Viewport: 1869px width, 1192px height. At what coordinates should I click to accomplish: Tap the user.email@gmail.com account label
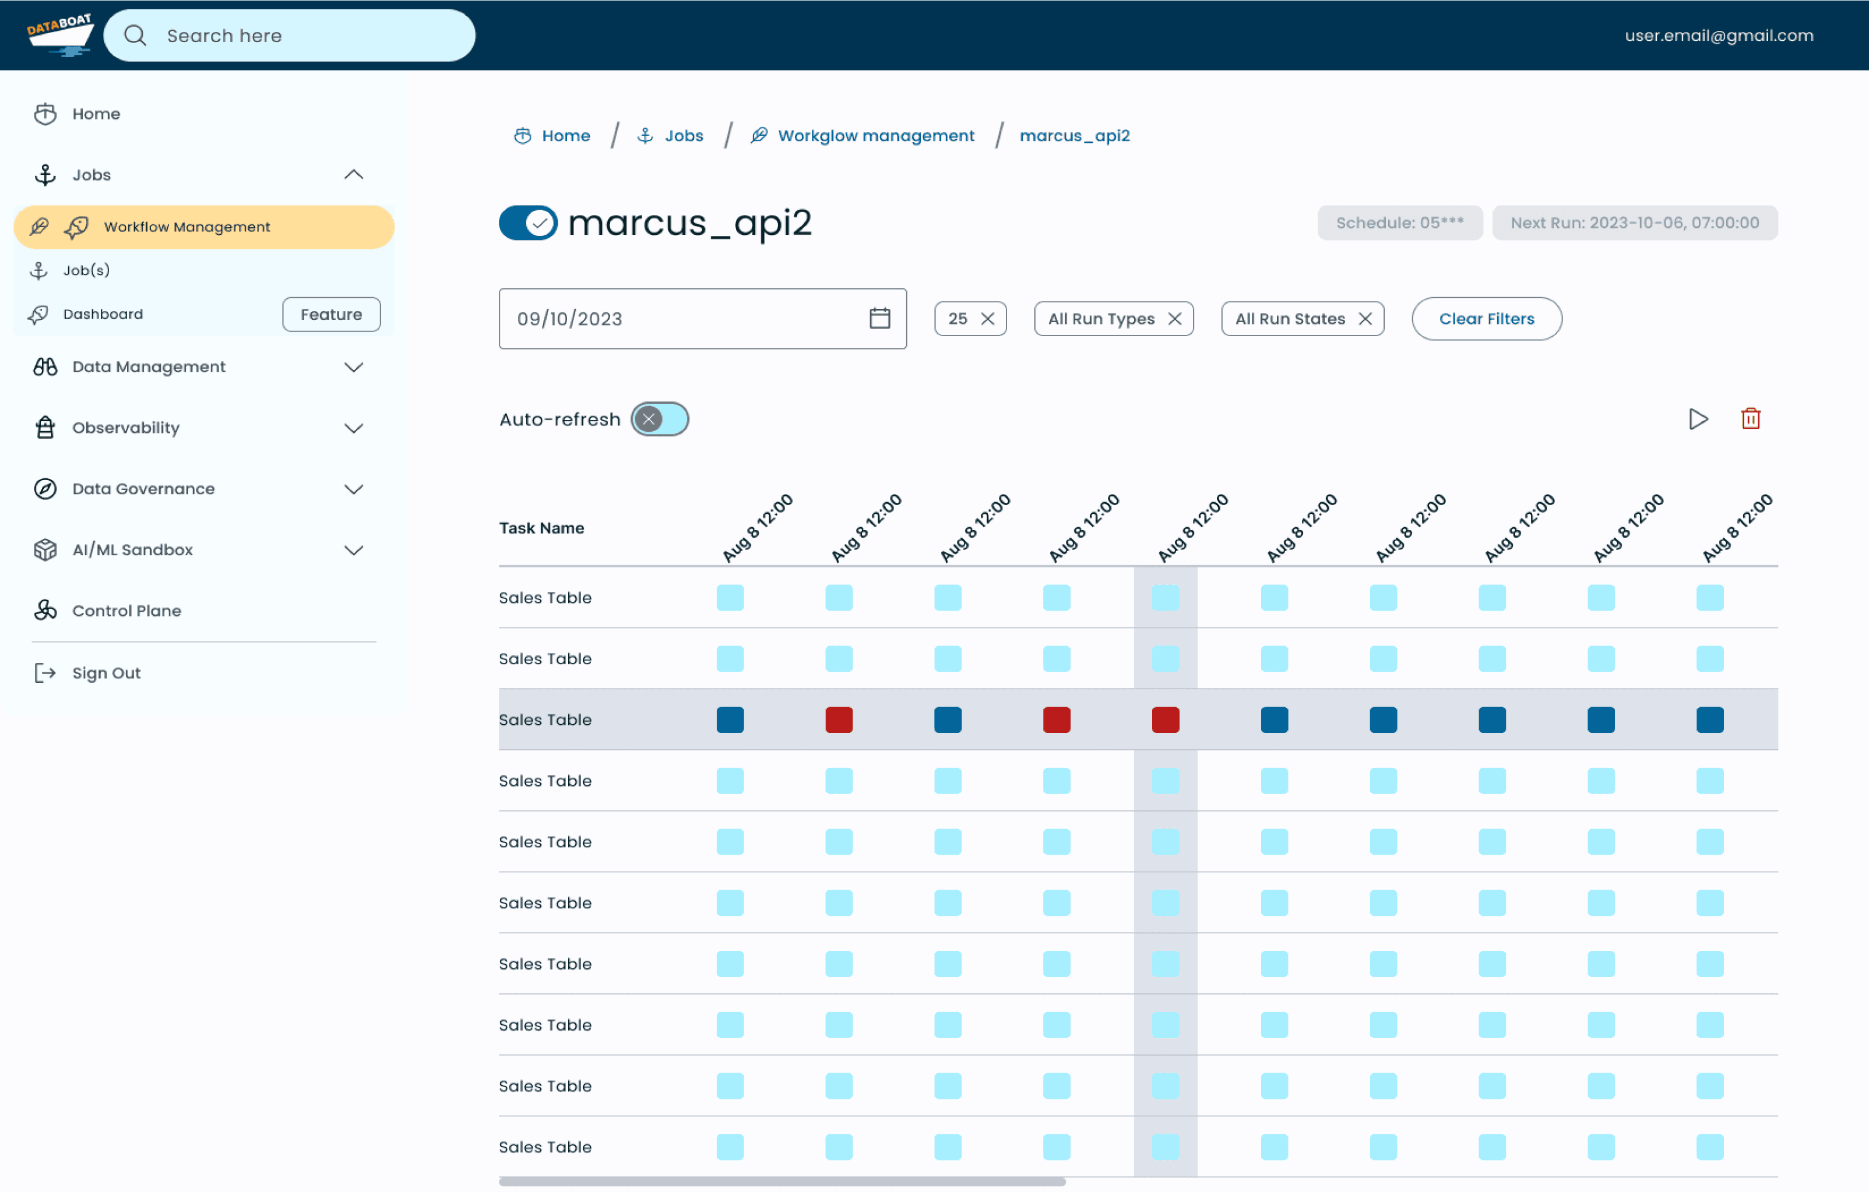[x=1719, y=36]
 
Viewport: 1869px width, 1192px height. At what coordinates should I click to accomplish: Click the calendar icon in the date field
[x=879, y=318]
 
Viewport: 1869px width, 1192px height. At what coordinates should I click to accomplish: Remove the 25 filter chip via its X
[x=987, y=319]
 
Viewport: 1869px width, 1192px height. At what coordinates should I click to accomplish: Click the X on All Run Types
[x=1174, y=319]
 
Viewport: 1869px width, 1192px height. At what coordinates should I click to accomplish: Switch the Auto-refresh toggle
[x=660, y=419]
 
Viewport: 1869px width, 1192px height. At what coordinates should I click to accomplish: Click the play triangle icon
[x=1698, y=419]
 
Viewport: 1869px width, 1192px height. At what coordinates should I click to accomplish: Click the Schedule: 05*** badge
[x=1399, y=223]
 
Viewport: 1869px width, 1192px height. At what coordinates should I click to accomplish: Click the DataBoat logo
[x=60, y=35]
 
